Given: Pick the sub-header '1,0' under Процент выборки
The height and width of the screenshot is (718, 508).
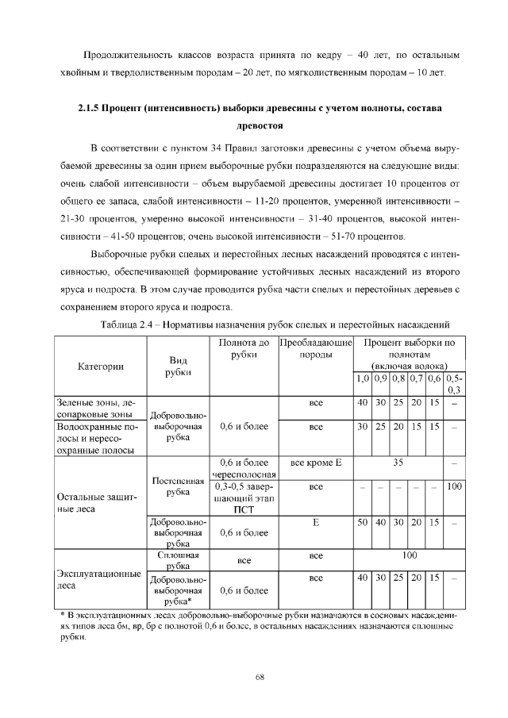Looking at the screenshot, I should pyautogui.click(x=362, y=378).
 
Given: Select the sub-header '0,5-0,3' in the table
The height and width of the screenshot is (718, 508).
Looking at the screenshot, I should pyautogui.click(x=455, y=383).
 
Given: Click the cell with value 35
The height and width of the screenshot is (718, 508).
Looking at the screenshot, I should pyautogui.click(x=399, y=462).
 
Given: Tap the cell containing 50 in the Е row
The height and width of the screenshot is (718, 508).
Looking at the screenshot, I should pyautogui.click(x=362, y=523).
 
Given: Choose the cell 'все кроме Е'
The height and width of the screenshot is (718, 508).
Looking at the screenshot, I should pyautogui.click(x=315, y=462).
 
